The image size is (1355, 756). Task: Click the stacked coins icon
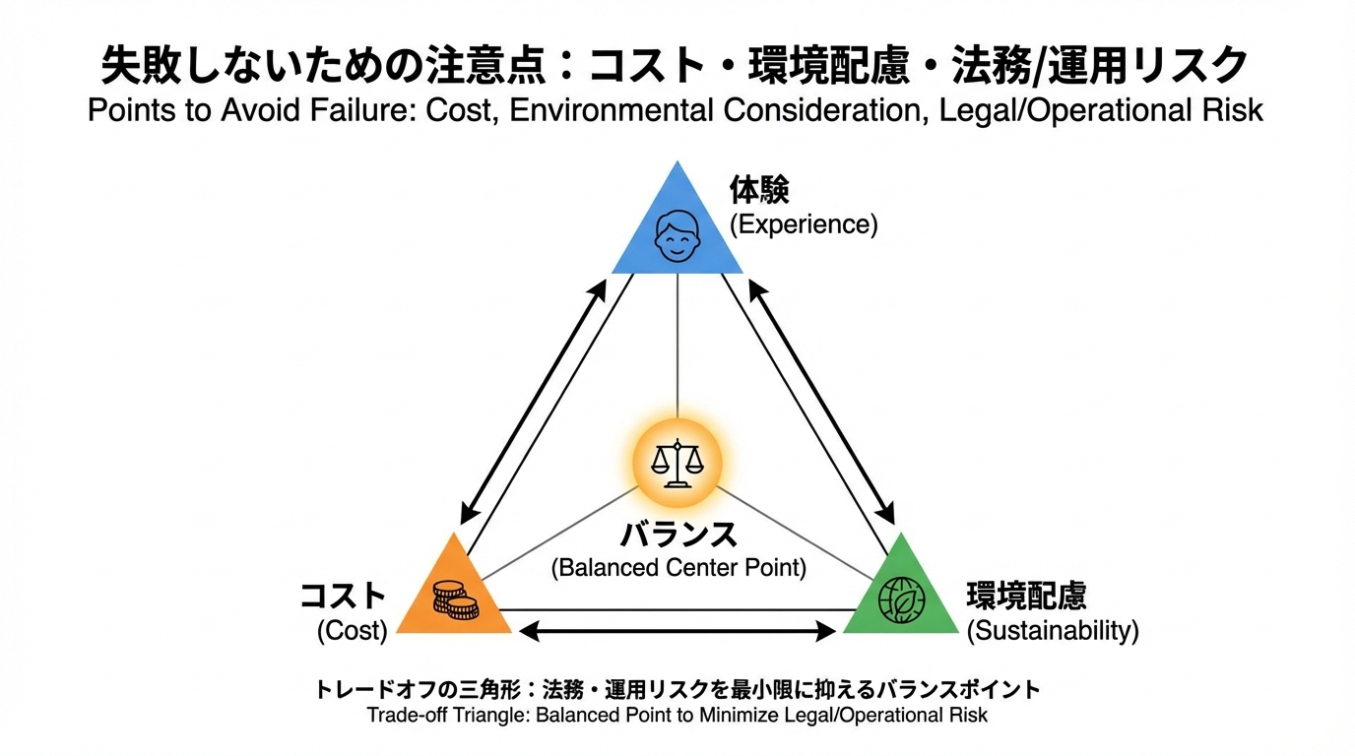(x=455, y=600)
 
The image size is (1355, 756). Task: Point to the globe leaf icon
(x=902, y=600)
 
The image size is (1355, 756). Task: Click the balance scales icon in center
(x=677, y=463)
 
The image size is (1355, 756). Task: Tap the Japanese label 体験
(x=759, y=188)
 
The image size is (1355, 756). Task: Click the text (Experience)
(x=803, y=224)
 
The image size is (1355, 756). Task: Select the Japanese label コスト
(x=343, y=596)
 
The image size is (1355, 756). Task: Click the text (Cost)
(x=352, y=631)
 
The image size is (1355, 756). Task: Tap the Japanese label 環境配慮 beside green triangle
(x=1026, y=596)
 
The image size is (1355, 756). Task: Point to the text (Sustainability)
(x=1052, y=631)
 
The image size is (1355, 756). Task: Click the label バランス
(x=678, y=535)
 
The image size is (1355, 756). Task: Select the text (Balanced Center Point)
(x=678, y=568)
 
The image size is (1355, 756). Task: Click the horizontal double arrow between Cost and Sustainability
(x=677, y=631)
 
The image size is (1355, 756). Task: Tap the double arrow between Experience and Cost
(x=533, y=403)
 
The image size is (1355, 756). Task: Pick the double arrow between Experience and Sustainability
(x=822, y=403)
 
